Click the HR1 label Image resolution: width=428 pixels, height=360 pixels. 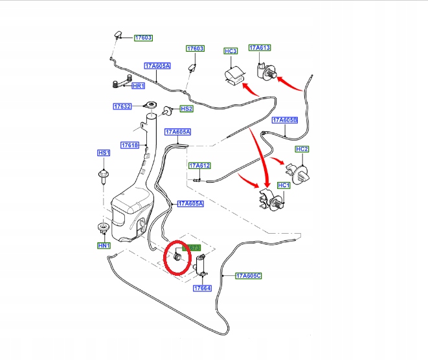139,86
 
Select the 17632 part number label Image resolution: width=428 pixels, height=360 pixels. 122,106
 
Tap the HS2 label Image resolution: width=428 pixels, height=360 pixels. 186,109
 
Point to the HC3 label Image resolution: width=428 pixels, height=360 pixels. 231,51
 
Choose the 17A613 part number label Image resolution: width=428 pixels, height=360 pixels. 260,48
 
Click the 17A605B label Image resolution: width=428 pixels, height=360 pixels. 285,120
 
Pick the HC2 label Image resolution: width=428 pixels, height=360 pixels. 302,150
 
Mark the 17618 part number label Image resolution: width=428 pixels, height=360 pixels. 130,145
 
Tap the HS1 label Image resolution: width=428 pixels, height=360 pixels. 104,153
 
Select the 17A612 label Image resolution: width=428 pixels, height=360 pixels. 200,166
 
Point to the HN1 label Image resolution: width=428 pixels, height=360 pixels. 104,246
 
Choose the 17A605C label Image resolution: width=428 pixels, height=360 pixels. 249,276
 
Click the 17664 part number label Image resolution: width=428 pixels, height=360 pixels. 202,287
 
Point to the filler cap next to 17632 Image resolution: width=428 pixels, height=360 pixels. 153,106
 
